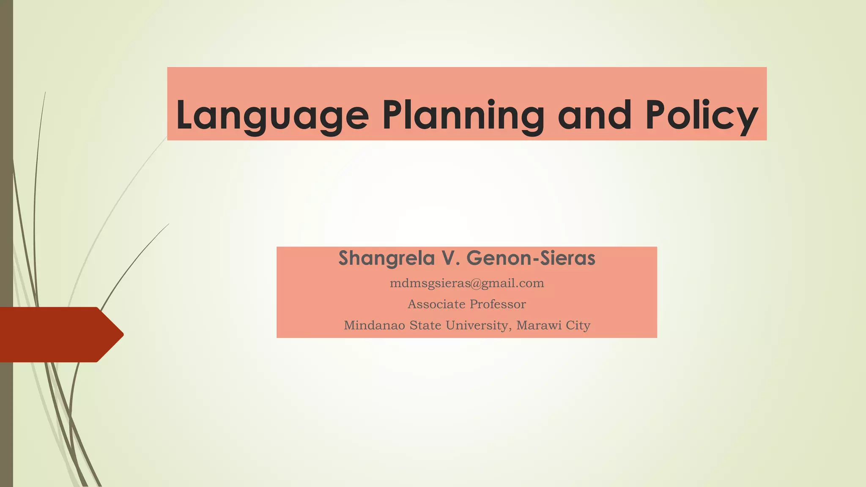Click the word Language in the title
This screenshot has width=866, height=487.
[272, 115]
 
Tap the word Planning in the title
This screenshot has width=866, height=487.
[463, 115]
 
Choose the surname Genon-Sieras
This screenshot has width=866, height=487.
[531, 258]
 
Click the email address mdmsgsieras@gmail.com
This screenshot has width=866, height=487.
[467, 283]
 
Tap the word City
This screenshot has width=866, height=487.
[578, 326]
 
